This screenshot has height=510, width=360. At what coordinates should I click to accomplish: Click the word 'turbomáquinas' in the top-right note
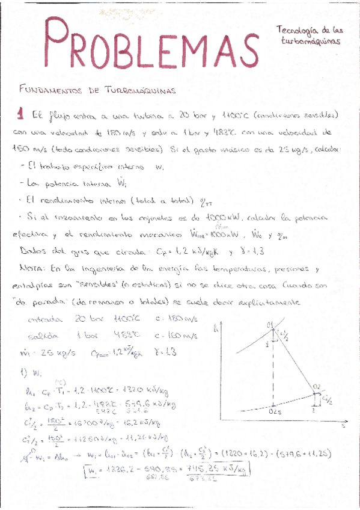click(311, 42)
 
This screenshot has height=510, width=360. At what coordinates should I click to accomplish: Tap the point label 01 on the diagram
click(270, 325)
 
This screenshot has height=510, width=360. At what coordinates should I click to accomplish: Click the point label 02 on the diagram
click(317, 386)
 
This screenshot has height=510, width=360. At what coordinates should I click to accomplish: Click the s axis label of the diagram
click(343, 426)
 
